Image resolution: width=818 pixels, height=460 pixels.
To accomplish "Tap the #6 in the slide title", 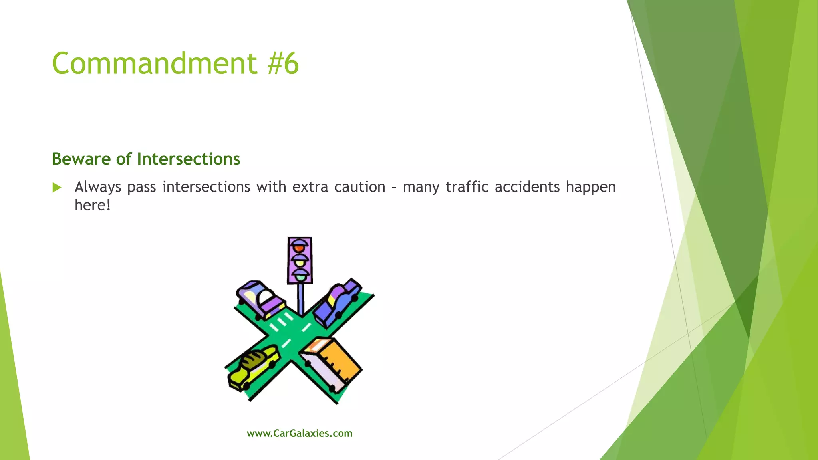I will [283, 63].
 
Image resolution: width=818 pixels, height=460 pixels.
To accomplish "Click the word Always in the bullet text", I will [98, 187].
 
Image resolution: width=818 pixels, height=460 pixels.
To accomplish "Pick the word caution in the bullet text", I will [359, 187].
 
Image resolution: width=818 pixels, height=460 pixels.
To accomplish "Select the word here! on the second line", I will [92, 205].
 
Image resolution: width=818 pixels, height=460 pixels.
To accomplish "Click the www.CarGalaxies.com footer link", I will [300, 433].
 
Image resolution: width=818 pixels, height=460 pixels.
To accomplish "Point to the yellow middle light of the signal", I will [300, 263].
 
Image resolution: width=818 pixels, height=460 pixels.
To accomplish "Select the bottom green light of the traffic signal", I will [300, 276].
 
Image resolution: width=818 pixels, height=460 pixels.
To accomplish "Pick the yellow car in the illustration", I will [254, 367].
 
